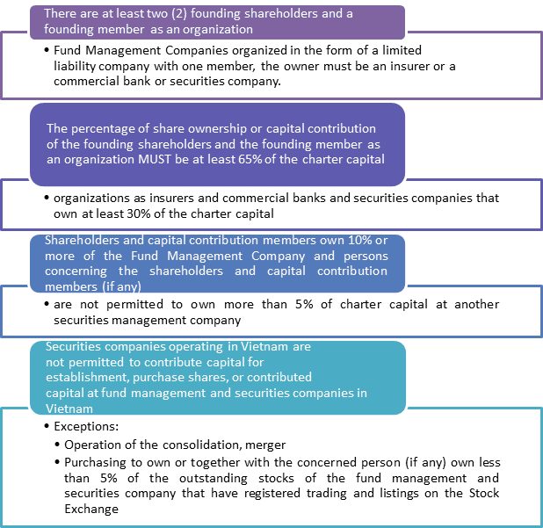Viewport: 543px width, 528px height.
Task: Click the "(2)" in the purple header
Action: click(179, 13)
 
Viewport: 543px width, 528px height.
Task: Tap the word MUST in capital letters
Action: click(155, 159)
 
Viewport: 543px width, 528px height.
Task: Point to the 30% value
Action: click(139, 213)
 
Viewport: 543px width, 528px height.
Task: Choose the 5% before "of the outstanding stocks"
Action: click(109, 478)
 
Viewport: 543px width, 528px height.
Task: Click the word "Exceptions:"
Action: click(86, 426)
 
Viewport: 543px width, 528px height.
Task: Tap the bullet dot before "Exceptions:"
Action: click(47, 426)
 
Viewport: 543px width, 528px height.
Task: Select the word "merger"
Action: click(265, 445)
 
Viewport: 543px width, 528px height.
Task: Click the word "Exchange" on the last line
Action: click(91, 509)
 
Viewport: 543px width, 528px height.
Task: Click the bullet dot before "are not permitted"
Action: click(47, 304)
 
